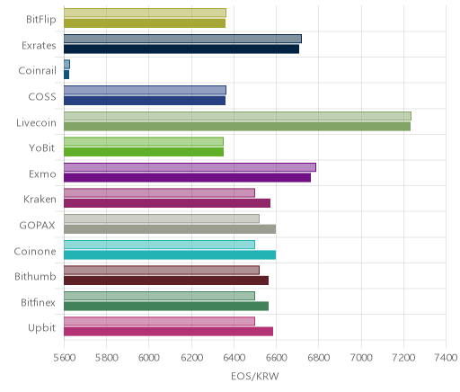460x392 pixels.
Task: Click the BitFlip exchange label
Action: (x=41, y=20)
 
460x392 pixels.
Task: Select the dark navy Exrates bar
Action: (x=181, y=49)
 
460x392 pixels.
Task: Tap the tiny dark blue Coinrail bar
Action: (x=66, y=75)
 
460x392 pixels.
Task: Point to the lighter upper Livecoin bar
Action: (x=237, y=116)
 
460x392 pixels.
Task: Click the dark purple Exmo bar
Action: (x=187, y=178)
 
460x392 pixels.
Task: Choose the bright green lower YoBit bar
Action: (x=144, y=152)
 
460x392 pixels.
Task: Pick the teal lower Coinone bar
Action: (x=170, y=255)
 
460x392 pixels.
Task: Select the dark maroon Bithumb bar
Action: (x=166, y=281)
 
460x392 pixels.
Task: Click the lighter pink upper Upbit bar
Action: (x=159, y=321)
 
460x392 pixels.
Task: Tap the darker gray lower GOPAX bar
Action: (x=170, y=229)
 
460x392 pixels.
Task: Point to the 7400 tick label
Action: (x=446, y=358)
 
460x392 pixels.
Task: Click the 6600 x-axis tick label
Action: (x=276, y=358)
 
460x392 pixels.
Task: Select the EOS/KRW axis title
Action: (x=255, y=376)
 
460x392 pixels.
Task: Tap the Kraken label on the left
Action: (x=40, y=200)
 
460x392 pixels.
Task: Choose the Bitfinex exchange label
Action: (x=38, y=302)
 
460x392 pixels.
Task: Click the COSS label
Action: (x=42, y=97)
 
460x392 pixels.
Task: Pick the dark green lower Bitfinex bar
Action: (x=166, y=307)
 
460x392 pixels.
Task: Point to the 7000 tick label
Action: (x=361, y=358)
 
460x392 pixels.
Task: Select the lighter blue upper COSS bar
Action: (x=145, y=90)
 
